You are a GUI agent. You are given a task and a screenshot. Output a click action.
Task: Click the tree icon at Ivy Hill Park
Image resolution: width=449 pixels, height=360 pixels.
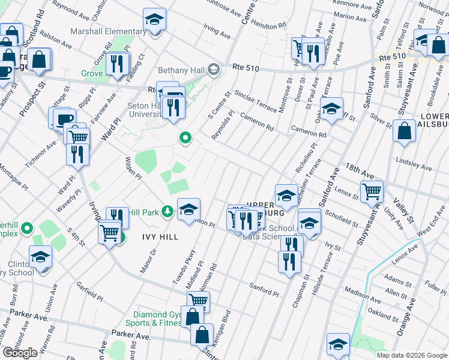click(167, 211)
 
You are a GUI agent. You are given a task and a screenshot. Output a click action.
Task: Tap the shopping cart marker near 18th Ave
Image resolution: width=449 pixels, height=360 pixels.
click(372, 192)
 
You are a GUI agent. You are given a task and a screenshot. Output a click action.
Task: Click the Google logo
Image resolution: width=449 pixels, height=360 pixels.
click(20, 353)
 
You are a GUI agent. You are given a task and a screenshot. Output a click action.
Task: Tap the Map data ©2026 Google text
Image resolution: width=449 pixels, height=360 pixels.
click(411, 355)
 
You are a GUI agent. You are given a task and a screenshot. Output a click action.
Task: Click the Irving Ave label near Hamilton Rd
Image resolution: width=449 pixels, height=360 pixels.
click(217, 32)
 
